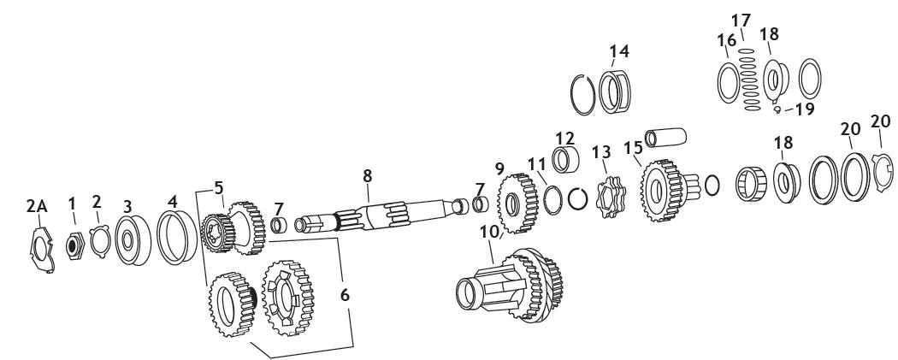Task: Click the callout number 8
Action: pyautogui.click(x=367, y=176)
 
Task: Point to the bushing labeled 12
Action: pyautogui.click(x=566, y=160)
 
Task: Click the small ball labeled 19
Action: pyautogui.click(x=777, y=109)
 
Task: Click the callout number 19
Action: pyautogui.click(x=803, y=109)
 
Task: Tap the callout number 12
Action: pyautogui.click(x=564, y=139)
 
